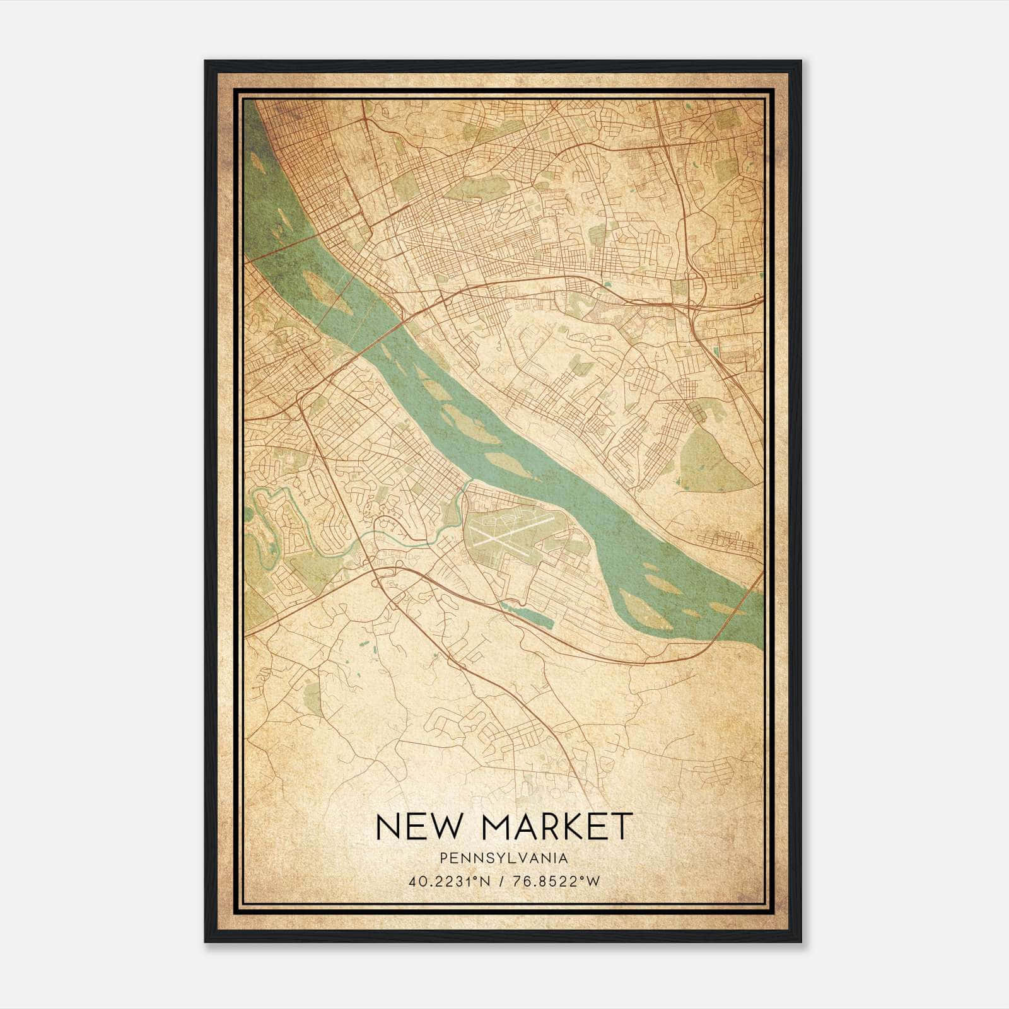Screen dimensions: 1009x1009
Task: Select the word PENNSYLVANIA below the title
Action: pyautogui.click(x=504, y=858)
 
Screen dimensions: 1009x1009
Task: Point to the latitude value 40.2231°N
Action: pyautogui.click(x=449, y=881)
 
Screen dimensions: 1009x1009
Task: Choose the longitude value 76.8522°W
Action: pyautogui.click(x=558, y=881)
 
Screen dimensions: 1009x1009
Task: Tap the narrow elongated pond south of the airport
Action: pyautogui.click(x=527, y=614)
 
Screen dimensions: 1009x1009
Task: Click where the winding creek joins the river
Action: pyautogui.click(x=470, y=482)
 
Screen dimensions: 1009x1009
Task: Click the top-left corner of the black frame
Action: pyautogui.click(x=206, y=61)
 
